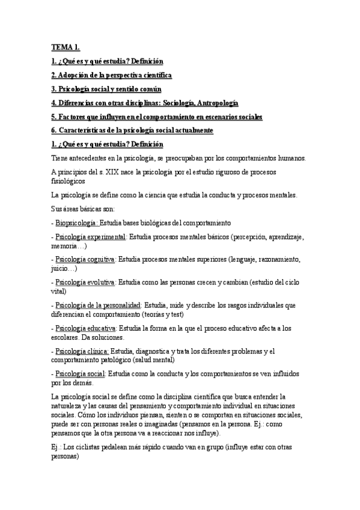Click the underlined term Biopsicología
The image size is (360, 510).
point(78,223)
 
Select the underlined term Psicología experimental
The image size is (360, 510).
point(91,237)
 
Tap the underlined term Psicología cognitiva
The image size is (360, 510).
point(85,259)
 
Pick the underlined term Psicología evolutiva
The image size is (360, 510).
point(85,281)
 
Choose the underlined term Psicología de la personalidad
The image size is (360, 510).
point(98,305)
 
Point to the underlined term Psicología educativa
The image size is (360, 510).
point(86,328)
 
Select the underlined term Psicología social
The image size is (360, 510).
point(80,374)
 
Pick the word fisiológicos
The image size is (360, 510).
point(69,181)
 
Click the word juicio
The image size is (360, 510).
point(61,269)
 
